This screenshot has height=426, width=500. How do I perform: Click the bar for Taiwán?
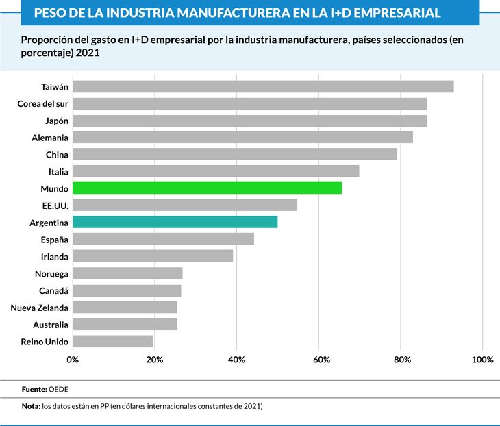point(263,86)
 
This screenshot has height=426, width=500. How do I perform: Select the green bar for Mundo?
point(207,188)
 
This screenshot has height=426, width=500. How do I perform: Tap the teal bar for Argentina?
point(175,222)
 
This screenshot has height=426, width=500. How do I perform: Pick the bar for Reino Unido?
point(112,341)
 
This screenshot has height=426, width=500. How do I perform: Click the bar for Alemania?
point(242,137)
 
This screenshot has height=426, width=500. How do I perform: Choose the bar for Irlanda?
point(153,256)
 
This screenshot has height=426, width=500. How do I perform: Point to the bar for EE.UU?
point(185,205)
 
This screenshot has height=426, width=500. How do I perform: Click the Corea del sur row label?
point(42,103)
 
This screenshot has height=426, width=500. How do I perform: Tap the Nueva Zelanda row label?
point(39,308)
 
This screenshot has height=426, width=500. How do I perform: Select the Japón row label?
point(56,121)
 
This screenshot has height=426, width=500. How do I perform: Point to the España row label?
point(55,240)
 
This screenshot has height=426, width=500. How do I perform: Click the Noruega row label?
point(51,273)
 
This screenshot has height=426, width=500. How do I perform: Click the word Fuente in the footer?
point(33,388)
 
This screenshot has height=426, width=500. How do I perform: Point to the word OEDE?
point(58,388)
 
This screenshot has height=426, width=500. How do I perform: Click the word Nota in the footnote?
point(30,406)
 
